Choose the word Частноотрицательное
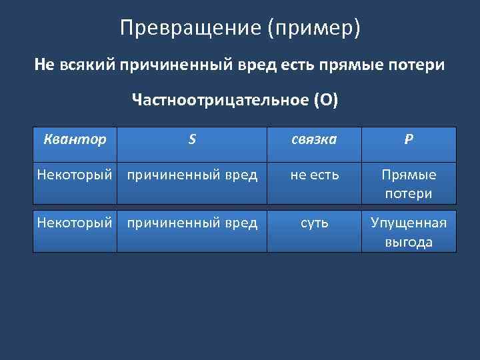click(x=219, y=101)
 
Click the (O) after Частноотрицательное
click(x=327, y=101)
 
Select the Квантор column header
click(x=74, y=140)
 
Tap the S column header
click(x=192, y=140)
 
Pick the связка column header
click(x=314, y=140)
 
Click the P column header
click(x=408, y=140)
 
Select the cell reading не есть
click(x=314, y=175)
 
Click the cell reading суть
click(x=314, y=223)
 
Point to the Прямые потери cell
click(x=409, y=184)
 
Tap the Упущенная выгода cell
click(x=409, y=232)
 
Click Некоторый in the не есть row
click(x=74, y=175)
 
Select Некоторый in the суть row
click(x=74, y=223)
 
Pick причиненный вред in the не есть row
click(x=192, y=175)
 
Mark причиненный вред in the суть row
click(x=192, y=223)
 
